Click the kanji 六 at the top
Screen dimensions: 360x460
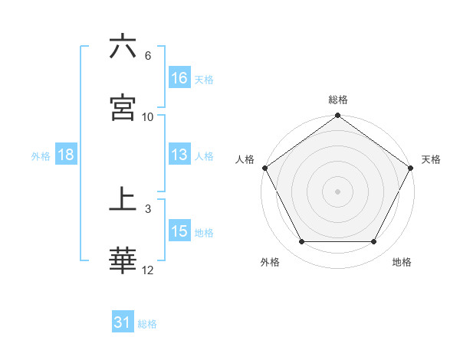point(123,47)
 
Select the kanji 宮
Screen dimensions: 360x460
point(123,108)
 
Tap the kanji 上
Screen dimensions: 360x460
point(123,200)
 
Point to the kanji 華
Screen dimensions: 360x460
point(123,261)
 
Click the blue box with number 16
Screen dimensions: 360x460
point(179,78)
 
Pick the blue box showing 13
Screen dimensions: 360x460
point(179,155)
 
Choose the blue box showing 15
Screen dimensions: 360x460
point(179,231)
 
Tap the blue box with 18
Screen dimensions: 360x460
point(66,155)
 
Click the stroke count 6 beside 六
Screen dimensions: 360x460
point(148,56)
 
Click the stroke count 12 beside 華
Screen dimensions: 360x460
point(148,270)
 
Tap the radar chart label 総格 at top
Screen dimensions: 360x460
point(338,100)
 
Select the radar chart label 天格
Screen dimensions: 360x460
point(432,159)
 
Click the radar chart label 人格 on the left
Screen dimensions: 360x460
point(245,159)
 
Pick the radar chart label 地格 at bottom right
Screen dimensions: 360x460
point(402,262)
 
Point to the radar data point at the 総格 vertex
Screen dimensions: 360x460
point(338,116)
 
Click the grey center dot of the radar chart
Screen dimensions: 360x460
point(338,191)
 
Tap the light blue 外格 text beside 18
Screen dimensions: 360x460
point(41,155)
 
